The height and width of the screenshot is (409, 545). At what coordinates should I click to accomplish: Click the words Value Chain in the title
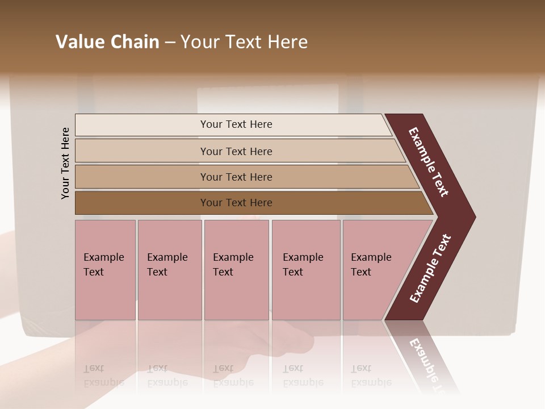point(107,42)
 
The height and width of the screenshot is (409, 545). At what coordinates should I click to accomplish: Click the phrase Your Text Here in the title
point(244,42)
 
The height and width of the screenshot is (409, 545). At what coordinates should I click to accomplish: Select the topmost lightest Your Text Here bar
point(236,124)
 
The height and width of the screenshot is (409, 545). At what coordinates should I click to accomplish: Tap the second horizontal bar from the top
point(236,151)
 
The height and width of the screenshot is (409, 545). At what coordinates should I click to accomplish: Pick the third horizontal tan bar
point(236,177)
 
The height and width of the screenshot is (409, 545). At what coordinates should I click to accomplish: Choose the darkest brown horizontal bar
point(236,203)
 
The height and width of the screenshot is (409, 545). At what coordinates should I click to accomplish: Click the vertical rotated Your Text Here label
point(65,163)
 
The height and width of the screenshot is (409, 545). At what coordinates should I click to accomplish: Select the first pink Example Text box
point(105,270)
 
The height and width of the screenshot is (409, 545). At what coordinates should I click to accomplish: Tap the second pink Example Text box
point(169,270)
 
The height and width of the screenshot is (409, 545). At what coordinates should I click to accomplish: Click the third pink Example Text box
point(236,270)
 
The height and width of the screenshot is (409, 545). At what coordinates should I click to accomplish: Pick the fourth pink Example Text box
point(305,270)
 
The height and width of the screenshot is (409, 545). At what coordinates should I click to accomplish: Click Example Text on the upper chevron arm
point(429,162)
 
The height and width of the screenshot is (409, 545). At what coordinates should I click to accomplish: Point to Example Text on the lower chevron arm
point(430,268)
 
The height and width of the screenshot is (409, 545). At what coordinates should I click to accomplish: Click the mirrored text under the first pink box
point(103,375)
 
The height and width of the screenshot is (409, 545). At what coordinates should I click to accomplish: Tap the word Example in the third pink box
point(233,257)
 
